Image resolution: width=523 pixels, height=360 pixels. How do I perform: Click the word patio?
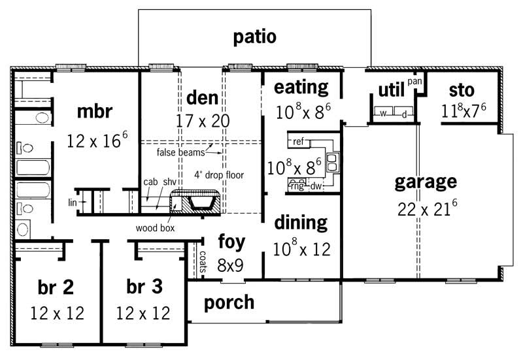tap(254, 37)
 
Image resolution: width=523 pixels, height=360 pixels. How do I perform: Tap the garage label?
tap(425, 181)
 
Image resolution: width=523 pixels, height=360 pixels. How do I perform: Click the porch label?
tap(229, 303)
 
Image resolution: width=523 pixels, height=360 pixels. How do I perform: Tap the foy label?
tap(231, 241)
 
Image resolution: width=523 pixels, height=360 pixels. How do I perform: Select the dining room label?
tap(301, 223)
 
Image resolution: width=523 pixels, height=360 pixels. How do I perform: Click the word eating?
tap(301, 87)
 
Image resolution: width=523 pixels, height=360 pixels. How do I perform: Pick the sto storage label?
tap(461, 90)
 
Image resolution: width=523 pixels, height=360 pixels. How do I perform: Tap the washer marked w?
tap(384, 114)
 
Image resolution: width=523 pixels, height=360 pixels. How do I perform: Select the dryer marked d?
tap(404, 114)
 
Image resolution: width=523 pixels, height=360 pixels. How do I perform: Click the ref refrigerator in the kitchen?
tap(298, 141)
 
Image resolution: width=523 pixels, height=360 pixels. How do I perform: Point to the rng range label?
tap(297, 186)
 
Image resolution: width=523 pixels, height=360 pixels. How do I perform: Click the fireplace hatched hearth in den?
tap(195, 203)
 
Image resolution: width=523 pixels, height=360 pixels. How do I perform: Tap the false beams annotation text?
tap(180, 152)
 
